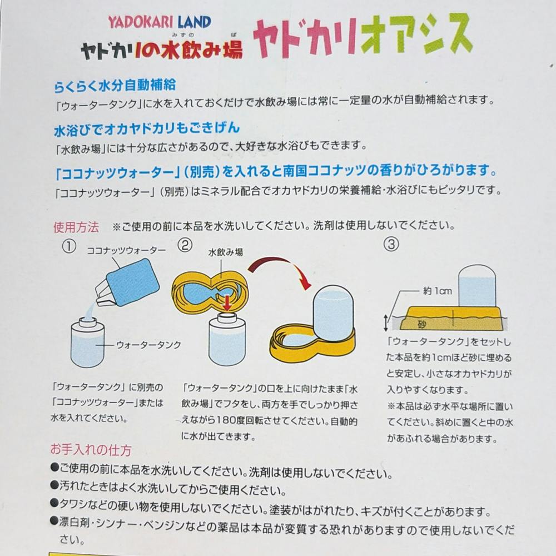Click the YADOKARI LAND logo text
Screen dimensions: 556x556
[160, 22]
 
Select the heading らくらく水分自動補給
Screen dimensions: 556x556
[115, 86]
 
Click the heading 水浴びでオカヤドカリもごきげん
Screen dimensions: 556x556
[147, 128]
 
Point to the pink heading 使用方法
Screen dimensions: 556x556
[76, 227]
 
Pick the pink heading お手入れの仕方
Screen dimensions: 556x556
[91, 450]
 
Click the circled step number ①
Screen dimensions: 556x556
[69, 246]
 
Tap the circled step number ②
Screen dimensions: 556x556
[185, 245]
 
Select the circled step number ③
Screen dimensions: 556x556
[391, 244]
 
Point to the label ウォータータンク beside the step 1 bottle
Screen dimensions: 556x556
[148, 345]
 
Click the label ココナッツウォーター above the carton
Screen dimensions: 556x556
[126, 250]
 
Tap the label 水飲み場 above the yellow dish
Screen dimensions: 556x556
[226, 252]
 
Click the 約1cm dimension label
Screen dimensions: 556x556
[438, 291]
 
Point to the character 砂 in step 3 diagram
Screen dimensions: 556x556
[421, 324]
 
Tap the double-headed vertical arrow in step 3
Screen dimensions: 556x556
[386, 322]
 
